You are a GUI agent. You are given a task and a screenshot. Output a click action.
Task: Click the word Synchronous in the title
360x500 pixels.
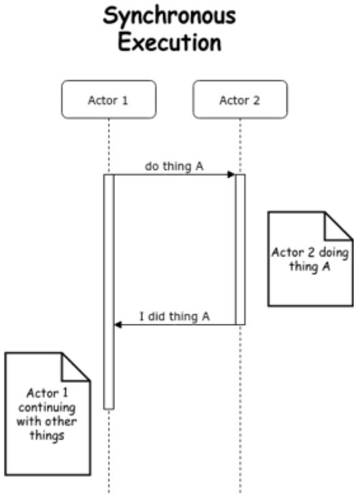pos(180,18)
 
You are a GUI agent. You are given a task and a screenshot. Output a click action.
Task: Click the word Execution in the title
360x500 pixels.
pos(180,42)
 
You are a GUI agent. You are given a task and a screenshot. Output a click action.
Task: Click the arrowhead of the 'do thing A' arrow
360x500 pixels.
pos(231,175)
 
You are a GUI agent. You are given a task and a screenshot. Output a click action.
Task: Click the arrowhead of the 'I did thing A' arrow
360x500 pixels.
pos(118,324)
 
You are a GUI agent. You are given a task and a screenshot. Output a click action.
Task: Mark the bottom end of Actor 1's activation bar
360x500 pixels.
pos(109,407)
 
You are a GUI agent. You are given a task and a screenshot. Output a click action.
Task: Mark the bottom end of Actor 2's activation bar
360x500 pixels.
pos(240,323)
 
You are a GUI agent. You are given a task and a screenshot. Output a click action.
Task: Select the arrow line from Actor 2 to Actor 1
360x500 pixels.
pos(177,324)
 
